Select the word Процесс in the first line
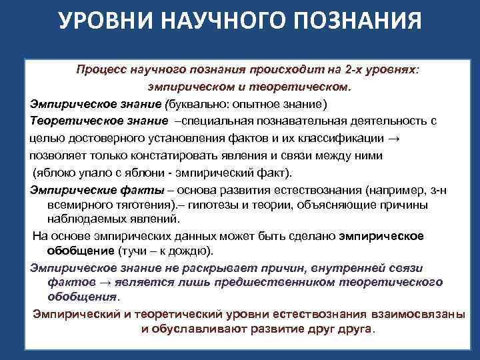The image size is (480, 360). [x=99, y=70]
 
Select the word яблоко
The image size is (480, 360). [x=55, y=173]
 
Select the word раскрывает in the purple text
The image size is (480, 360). [x=199, y=267]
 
